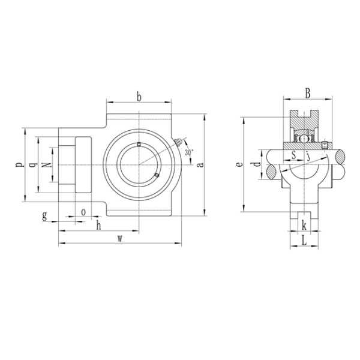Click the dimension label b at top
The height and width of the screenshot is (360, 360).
139,96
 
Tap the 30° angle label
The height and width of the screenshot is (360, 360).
190,152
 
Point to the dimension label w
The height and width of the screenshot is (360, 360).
120,238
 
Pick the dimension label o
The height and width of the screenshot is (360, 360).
83,212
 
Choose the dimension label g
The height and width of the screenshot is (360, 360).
45,215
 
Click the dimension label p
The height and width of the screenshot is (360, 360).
17,163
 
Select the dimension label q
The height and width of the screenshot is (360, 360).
32,163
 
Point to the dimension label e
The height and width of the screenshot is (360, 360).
239,163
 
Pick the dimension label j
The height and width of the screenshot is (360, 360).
308,157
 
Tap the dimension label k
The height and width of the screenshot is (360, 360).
304,226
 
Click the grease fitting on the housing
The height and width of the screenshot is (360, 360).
178,142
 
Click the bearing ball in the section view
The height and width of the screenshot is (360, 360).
305,139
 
